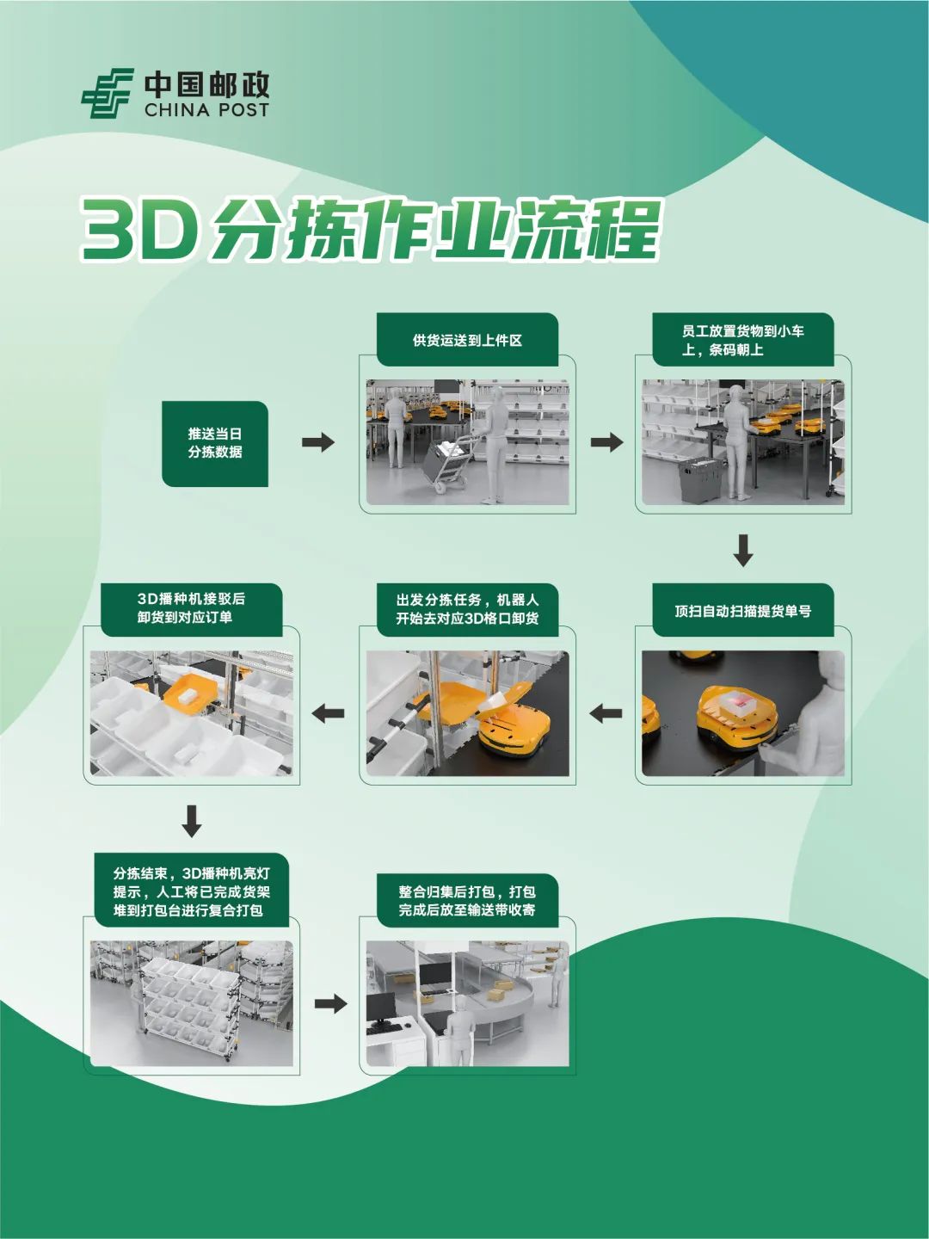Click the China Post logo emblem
[108, 94]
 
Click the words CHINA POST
[206, 110]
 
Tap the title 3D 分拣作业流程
[371, 229]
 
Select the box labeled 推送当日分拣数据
[215, 443]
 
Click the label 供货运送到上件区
[467, 340]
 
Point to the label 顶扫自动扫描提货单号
[742, 611]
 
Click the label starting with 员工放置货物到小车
[742, 340]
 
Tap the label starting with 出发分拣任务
[467, 609]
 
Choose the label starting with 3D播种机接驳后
[191, 608]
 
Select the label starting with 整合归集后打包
[467, 901]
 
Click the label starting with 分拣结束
[191, 891]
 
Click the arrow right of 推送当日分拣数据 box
[318, 442]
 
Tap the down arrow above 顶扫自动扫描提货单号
[743, 551]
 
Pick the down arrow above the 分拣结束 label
[192, 821]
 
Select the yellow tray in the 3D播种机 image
[190, 693]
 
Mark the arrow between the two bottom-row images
[330, 1004]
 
